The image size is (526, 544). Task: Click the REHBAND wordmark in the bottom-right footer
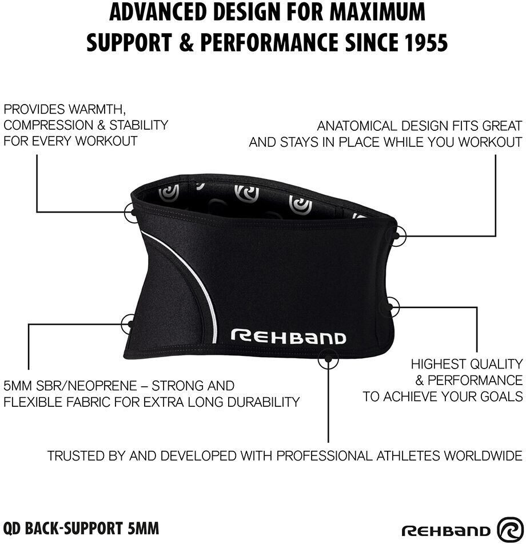[x=446, y=530]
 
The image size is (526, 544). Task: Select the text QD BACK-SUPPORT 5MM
[x=81, y=527]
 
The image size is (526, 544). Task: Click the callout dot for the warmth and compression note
[x=132, y=212]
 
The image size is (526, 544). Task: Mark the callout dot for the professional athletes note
[x=328, y=359]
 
